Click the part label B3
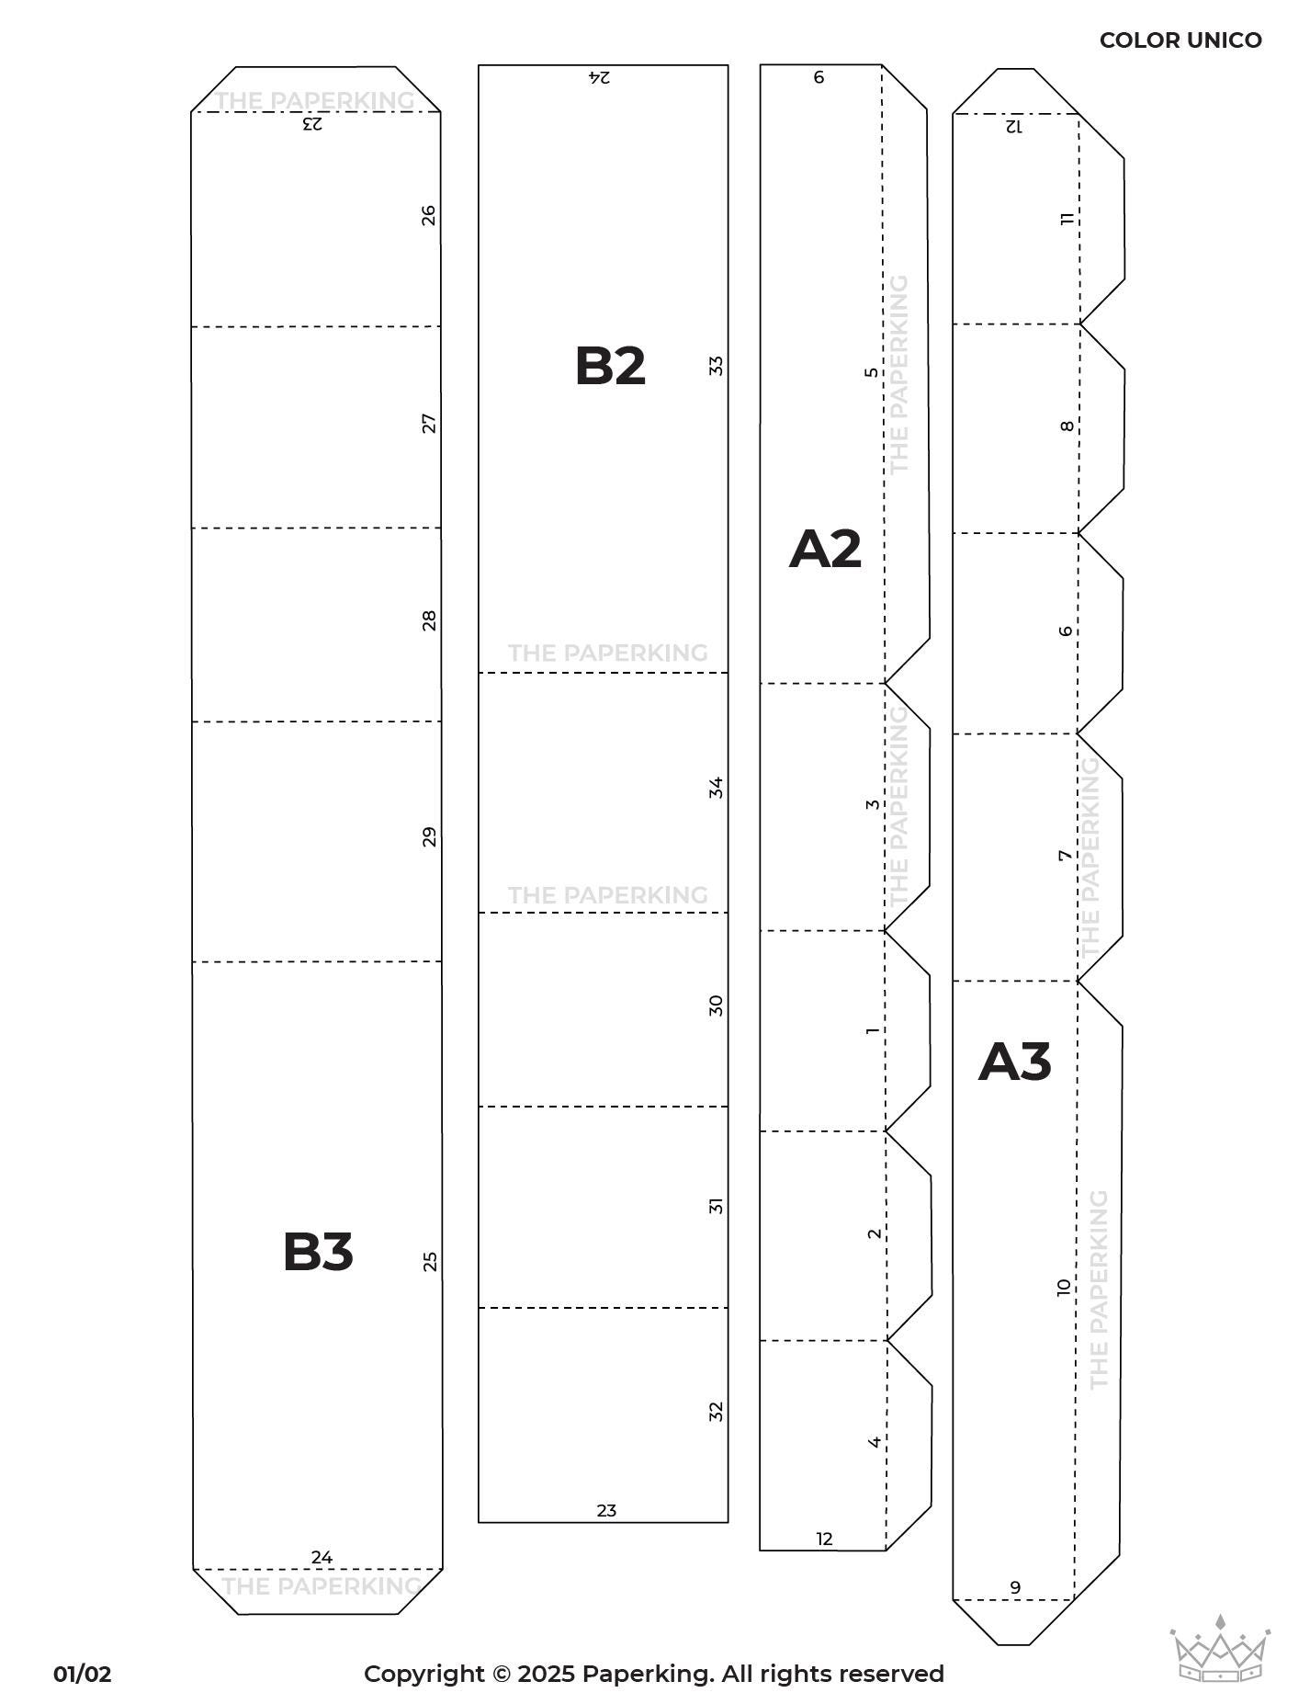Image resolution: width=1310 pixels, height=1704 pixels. point(318,1252)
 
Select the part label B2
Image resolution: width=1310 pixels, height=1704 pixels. point(610,366)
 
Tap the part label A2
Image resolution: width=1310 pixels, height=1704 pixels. point(825,549)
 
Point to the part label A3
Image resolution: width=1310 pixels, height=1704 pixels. point(1014,1062)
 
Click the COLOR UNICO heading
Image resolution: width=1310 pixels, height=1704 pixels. point(1180,40)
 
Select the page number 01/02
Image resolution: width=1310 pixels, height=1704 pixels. point(83,1674)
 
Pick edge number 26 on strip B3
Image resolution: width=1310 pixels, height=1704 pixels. point(429,216)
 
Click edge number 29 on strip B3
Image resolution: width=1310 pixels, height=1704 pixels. point(429,837)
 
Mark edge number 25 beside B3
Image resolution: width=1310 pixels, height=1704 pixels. point(429,1262)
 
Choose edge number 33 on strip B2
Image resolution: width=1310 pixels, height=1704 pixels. point(717,366)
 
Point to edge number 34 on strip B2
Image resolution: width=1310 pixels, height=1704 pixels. point(717,788)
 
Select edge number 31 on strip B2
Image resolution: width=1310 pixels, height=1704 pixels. point(717,1206)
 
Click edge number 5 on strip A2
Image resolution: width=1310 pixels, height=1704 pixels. point(872,372)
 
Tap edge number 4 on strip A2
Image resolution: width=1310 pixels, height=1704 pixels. point(875,1441)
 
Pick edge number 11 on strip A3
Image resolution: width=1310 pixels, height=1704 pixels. point(1067,219)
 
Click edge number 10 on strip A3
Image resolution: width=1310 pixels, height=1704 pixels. point(1064,1287)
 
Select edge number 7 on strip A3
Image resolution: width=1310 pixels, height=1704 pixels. point(1065,856)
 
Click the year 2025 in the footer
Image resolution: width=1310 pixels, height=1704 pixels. point(547,1674)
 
